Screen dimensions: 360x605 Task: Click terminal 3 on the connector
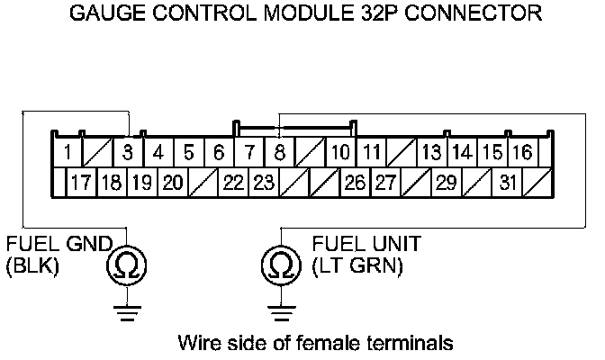(x=129, y=151)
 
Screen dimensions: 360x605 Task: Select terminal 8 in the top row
(x=280, y=151)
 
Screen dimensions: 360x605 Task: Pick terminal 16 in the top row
(x=522, y=151)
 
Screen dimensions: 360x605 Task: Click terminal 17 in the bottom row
(x=82, y=183)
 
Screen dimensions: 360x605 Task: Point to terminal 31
(x=507, y=183)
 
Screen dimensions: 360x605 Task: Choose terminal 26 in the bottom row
(x=355, y=183)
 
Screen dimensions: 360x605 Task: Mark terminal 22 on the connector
(x=233, y=183)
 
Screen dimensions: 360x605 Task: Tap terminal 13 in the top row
(x=432, y=151)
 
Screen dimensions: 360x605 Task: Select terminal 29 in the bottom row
(x=446, y=183)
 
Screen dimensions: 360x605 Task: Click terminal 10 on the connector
(x=339, y=151)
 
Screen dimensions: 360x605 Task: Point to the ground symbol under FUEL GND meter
(x=127, y=311)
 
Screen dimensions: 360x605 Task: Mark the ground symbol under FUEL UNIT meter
(x=281, y=311)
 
